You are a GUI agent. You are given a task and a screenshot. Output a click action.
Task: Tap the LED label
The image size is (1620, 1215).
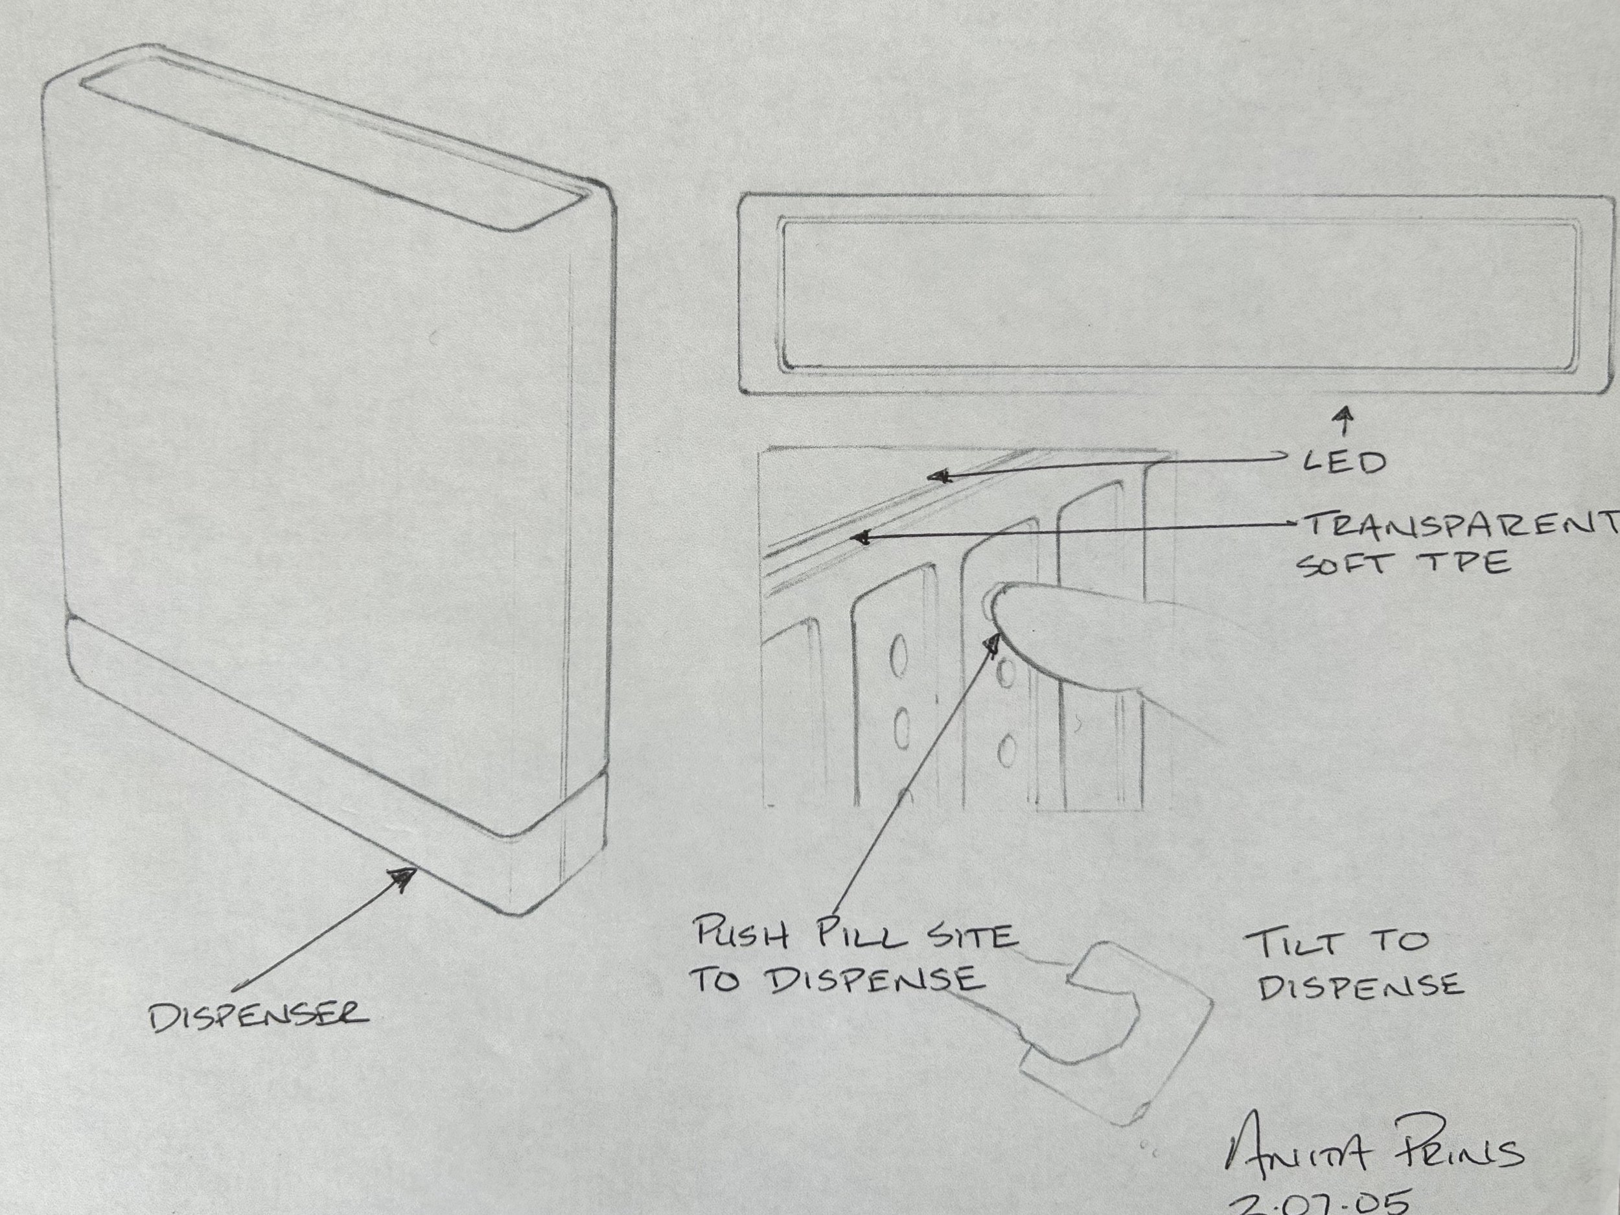pos(1345,463)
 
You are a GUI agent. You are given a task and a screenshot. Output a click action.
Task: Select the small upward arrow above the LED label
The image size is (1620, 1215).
pos(1344,418)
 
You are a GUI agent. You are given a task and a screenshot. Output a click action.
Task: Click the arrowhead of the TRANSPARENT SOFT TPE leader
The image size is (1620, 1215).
pos(862,539)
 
